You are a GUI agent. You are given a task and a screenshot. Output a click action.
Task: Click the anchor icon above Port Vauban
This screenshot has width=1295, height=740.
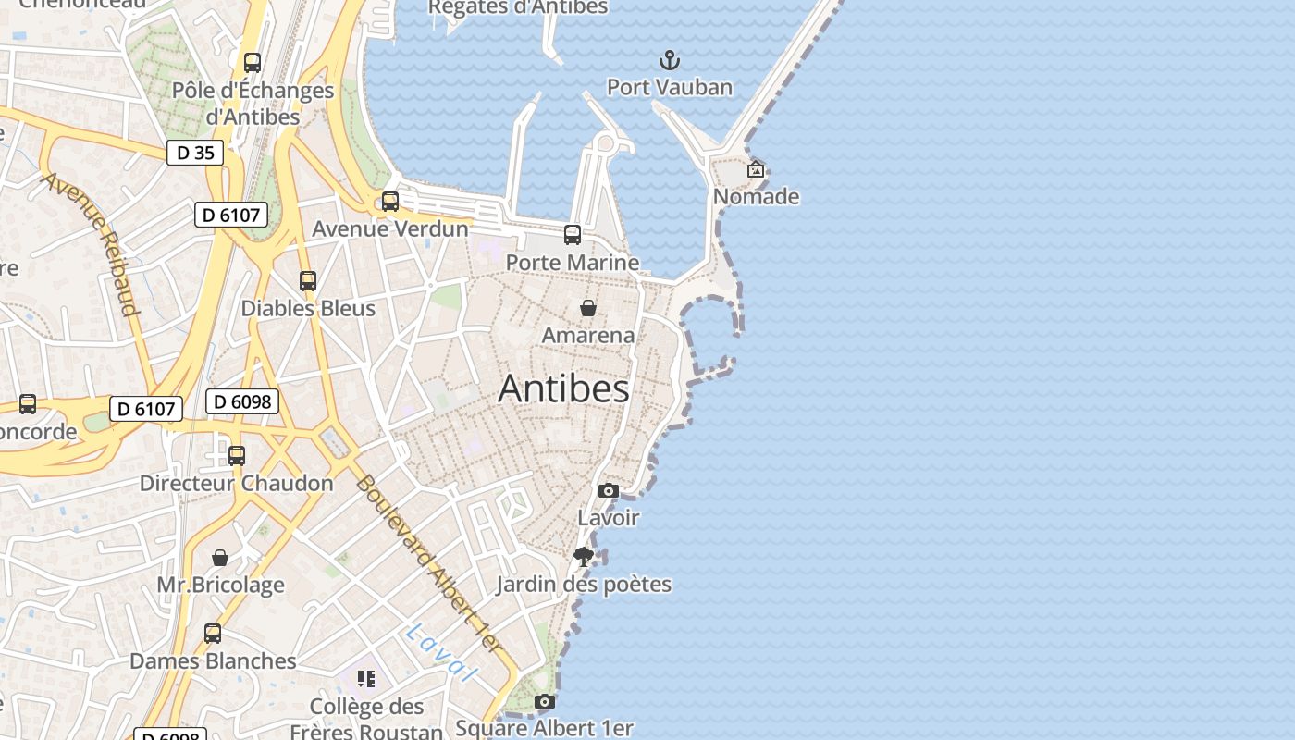669,61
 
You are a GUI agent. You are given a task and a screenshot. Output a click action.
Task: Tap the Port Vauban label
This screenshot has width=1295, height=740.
669,88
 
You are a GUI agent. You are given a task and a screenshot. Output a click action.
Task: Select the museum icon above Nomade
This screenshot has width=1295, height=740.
756,169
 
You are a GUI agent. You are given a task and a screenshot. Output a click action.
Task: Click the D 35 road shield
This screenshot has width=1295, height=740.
195,153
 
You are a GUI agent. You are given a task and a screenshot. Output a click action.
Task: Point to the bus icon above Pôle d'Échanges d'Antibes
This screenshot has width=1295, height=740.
252,63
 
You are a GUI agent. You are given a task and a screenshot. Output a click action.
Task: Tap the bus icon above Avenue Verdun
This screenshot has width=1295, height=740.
390,202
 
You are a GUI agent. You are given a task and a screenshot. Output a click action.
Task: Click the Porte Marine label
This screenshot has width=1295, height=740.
572,263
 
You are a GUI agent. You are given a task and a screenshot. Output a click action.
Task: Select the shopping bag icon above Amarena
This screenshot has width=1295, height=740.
587,308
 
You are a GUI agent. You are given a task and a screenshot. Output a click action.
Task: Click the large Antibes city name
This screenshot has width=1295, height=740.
563,388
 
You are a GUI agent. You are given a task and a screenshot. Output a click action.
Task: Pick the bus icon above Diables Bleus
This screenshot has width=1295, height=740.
308,281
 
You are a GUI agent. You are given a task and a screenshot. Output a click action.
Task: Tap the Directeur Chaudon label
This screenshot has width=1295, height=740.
236,483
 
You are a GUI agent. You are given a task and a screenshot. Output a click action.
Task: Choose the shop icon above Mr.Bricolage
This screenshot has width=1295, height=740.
220,558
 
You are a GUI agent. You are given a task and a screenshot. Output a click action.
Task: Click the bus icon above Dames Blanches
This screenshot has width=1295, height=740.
213,634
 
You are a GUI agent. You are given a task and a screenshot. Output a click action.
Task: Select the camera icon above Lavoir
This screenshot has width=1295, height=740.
608,491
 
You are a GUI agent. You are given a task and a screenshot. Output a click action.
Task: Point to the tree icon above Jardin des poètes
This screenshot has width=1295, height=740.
583,557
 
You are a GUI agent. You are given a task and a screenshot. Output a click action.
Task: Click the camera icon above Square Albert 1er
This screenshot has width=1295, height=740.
545,702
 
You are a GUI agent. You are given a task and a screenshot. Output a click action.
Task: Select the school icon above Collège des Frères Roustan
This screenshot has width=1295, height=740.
366,680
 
